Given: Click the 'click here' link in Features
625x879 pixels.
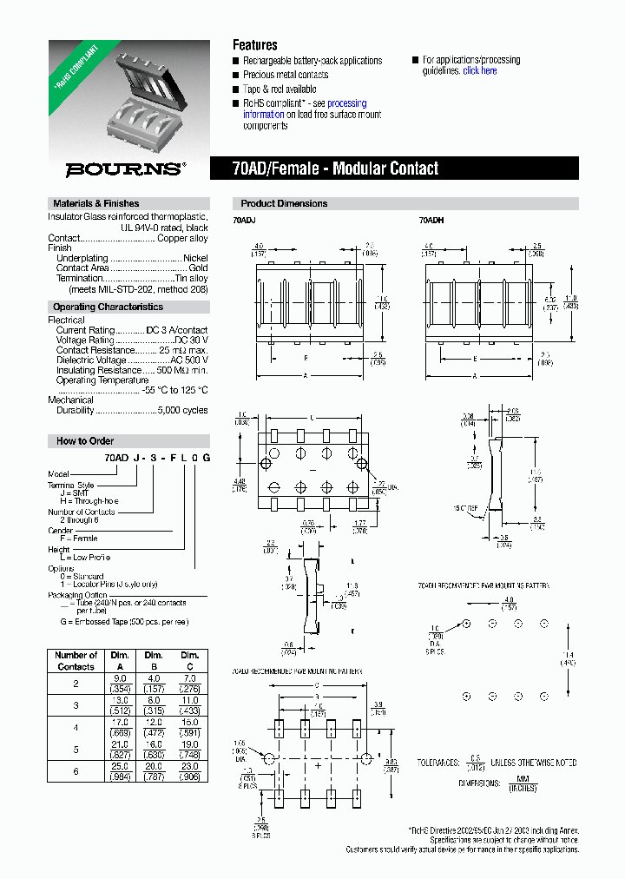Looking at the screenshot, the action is pos(479,71).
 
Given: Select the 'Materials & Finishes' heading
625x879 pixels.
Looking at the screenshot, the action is pos(95,203).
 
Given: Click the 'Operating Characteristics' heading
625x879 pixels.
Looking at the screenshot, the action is pos(108,307).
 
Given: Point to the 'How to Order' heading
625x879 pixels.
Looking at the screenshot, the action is pos(85,440).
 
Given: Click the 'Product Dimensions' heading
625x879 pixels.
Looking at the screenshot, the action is pos(284,203).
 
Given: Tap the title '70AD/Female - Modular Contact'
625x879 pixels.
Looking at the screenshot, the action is pos(336,169).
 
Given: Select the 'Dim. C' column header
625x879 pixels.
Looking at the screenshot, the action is pos(190,660).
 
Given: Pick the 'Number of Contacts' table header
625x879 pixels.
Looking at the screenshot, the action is pos(76,660).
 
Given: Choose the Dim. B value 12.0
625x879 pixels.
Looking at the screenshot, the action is pos(154,722).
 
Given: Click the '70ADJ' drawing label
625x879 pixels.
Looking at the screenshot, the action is pos(244,221).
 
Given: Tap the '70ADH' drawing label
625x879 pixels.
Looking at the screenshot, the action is pos(431,221).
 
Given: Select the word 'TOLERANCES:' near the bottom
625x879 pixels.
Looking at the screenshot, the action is pos(437,763).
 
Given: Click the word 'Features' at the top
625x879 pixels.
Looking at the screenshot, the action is pos(255,45).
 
